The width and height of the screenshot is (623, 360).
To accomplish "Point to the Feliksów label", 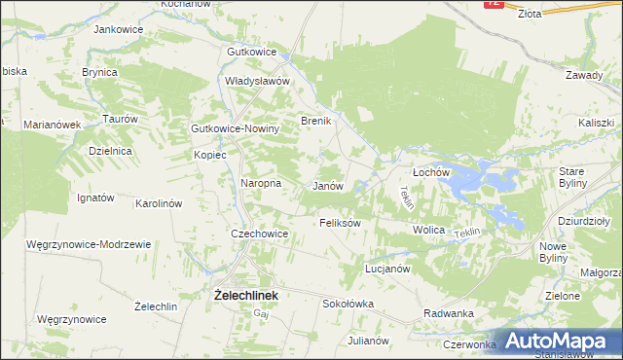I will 341,223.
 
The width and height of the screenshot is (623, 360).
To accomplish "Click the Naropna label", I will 261,182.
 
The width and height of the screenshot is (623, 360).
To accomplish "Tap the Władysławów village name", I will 258,82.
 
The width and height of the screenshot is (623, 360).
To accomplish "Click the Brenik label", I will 317,121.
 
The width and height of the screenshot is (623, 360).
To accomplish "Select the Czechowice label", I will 259,234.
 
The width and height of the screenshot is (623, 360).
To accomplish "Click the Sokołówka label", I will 348,304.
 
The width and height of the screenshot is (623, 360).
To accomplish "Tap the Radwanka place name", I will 449,313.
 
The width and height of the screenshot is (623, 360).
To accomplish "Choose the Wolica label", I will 428,230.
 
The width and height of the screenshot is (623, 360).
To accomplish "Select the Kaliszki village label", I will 596,123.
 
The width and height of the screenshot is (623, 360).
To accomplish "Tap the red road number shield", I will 494,4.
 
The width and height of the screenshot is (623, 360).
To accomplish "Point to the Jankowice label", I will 120,29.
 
